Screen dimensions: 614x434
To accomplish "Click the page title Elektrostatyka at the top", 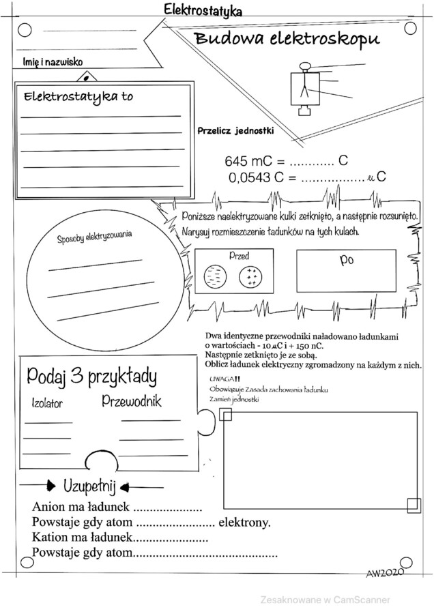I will click(202, 10).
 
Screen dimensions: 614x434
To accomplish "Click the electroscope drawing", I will click(304, 87).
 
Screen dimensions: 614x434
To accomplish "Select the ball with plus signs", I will click(250, 276).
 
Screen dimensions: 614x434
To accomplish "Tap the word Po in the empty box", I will click(346, 260).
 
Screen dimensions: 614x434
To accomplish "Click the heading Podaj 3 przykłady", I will click(91, 376).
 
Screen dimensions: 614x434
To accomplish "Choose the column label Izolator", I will click(47, 403).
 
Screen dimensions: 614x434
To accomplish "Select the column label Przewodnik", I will click(132, 401).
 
